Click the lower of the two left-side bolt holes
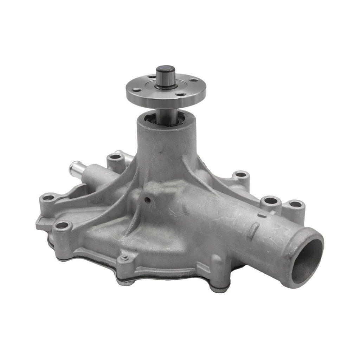coord(63,225)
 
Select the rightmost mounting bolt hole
coord(296,204)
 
